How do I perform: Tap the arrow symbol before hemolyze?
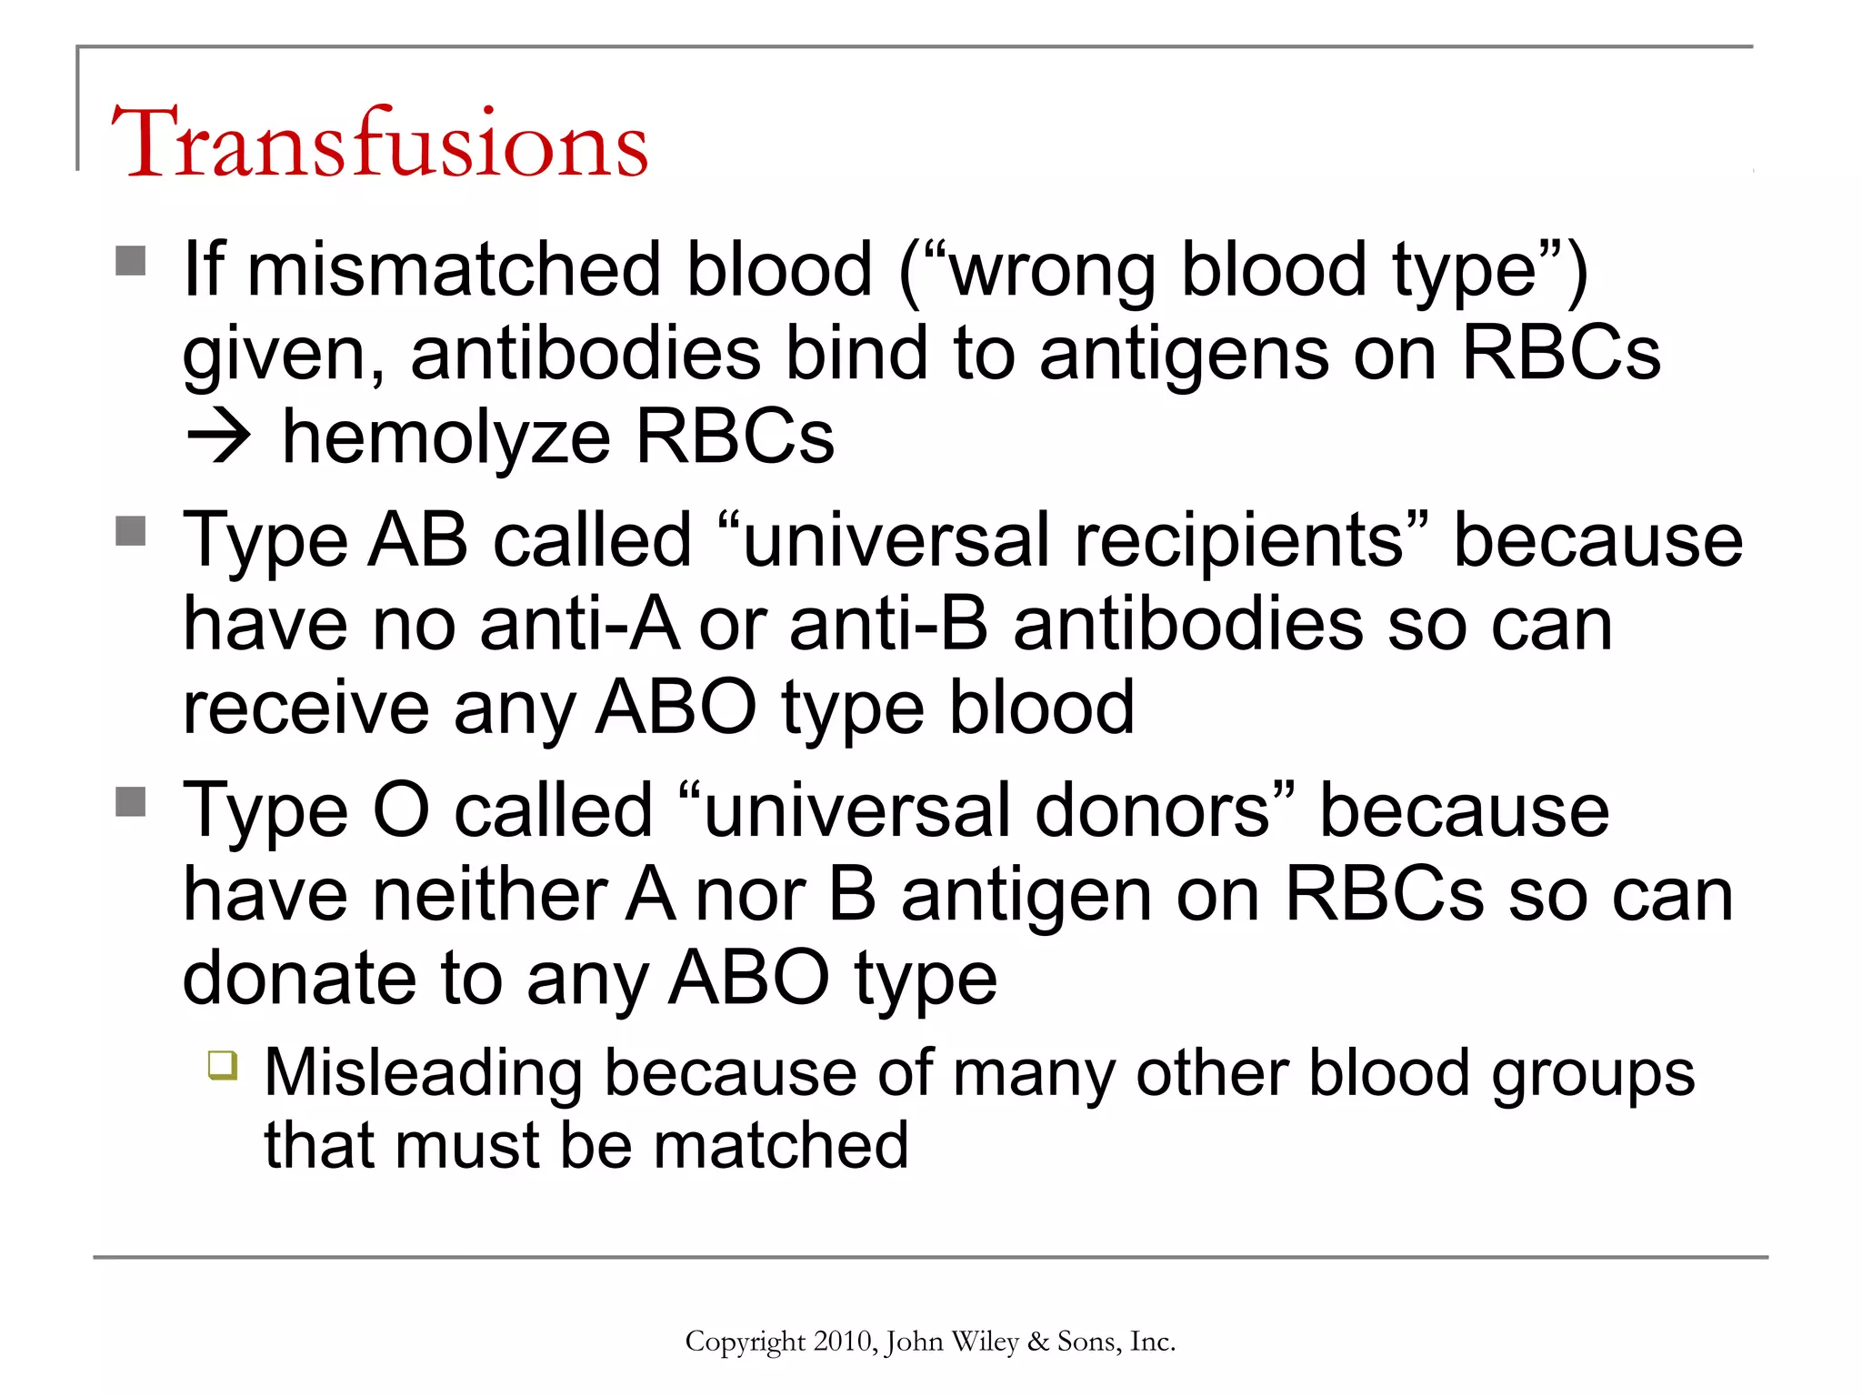click(x=218, y=437)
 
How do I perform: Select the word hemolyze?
click(x=445, y=437)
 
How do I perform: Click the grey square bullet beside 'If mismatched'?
click(x=131, y=261)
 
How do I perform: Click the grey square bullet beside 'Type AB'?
click(x=131, y=531)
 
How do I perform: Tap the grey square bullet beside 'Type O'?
click(x=131, y=801)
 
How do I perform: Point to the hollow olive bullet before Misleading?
click(x=223, y=1064)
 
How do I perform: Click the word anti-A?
click(x=580, y=625)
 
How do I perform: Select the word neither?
click(x=491, y=895)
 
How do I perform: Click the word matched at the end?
click(x=781, y=1145)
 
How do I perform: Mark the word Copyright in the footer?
click(x=746, y=1342)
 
